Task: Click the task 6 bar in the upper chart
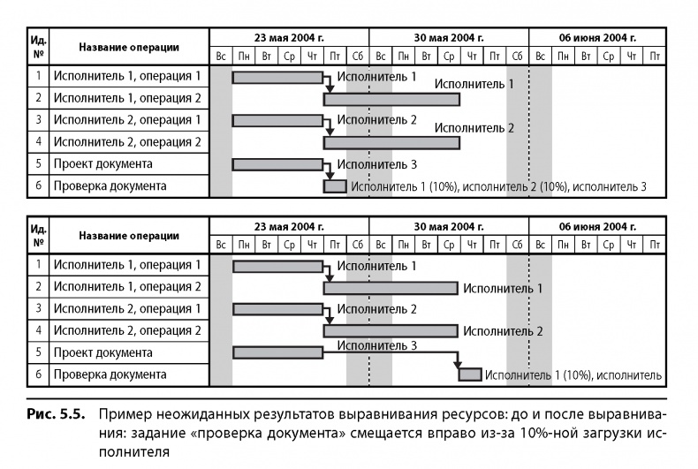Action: (x=335, y=186)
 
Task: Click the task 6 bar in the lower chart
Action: (x=470, y=374)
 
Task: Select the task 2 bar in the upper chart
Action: (x=391, y=99)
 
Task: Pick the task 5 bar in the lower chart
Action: (x=277, y=352)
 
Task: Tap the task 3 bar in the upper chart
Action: (x=277, y=120)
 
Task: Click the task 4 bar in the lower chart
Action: (x=391, y=331)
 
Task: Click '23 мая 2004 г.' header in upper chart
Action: (x=289, y=38)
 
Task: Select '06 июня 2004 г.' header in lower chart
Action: (x=597, y=226)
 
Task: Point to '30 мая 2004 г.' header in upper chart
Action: (x=449, y=38)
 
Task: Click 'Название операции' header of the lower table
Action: (x=128, y=236)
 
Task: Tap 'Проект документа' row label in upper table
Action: (x=102, y=164)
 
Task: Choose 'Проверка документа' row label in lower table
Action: (x=110, y=374)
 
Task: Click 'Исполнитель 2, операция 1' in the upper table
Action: (x=127, y=120)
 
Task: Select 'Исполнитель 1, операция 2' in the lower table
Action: (x=127, y=286)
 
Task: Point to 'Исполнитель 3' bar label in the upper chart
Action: (x=377, y=164)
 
